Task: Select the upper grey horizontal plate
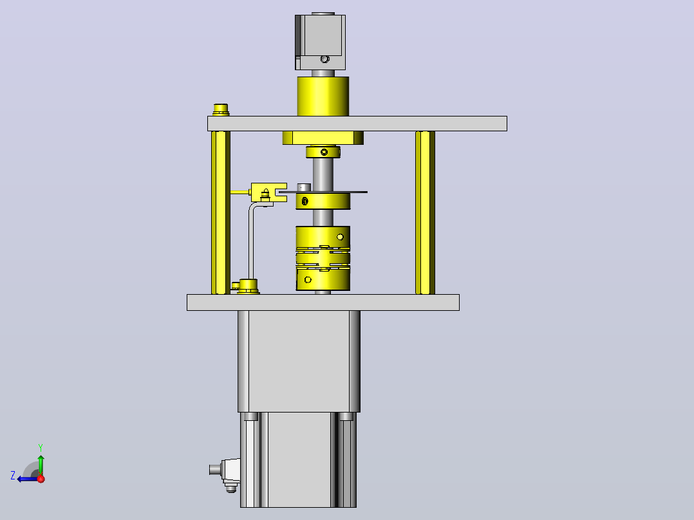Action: click(357, 124)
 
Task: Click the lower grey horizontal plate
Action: click(323, 302)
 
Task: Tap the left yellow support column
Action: click(220, 212)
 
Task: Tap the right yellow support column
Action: click(425, 212)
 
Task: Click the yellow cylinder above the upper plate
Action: click(323, 97)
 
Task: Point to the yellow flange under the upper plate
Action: click(323, 138)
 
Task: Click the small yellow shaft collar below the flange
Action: click(323, 152)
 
